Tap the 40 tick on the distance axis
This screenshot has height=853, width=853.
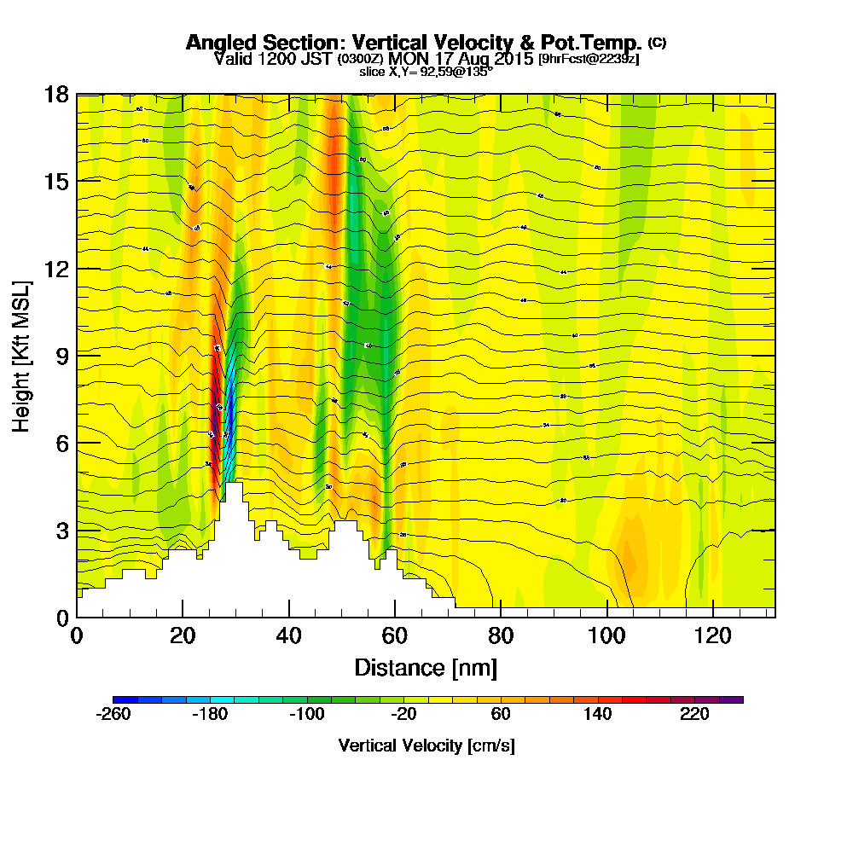click(x=289, y=635)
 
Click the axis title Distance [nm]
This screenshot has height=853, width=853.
click(x=426, y=667)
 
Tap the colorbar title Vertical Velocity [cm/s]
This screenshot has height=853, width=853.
click(x=426, y=746)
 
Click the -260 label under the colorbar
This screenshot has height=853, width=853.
click(x=113, y=715)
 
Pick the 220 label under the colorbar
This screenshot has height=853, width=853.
click(x=694, y=715)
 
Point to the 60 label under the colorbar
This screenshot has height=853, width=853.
click(x=501, y=715)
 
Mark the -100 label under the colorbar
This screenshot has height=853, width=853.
click(x=306, y=715)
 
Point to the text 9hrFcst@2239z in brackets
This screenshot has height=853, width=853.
click(x=589, y=59)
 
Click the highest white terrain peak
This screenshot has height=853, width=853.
click(x=233, y=486)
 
